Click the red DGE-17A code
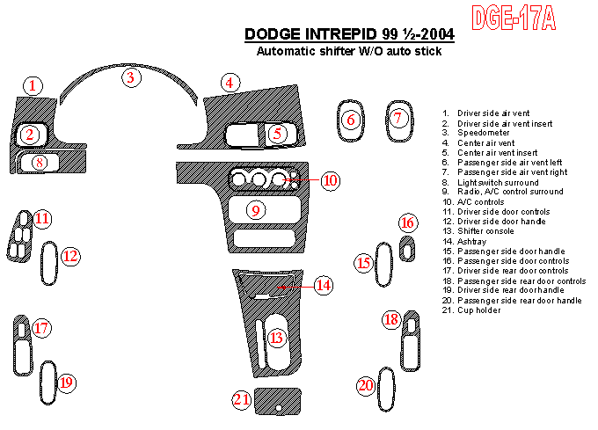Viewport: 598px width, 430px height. pyautogui.click(x=514, y=18)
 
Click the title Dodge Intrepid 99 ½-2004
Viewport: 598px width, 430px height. pyautogui.click(x=349, y=34)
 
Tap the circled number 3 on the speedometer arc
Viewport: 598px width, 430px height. pyautogui.click(x=131, y=77)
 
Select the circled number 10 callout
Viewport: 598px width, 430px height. pyautogui.click(x=331, y=180)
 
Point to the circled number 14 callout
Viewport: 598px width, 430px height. pyautogui.click(x=324, y=285)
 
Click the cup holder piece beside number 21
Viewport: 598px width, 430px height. pyautogui.click(x=278, y=401)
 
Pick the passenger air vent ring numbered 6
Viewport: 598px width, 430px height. pyautogui.click(x=339, y=121)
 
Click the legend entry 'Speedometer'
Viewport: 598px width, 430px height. pyautogui.click(x=483, y=133)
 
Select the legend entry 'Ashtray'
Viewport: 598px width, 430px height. pyautogui.click(x=471, y=241)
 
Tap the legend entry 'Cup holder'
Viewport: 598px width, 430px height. pyautogui.click(x=479, y=310)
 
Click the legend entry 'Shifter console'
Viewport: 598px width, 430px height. pyautogui.click(x=485, y=231)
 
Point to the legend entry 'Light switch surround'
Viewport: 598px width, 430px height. pyautogui.click(x=498, y=182)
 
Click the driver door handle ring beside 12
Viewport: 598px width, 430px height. pyautogui.click(x=41, y=263)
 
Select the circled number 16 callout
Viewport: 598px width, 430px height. pyautogui.click(x=408, y=222)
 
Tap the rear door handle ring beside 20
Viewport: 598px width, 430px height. pyautogui.click(x=379, y=389)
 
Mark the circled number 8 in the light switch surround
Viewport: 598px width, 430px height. pyautogui.click(x=40, y=163)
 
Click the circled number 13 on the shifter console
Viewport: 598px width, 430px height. pyautogui.click(x=276, y=338)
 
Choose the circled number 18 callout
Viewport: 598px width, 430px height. pyautogui.click(x=391, y=319)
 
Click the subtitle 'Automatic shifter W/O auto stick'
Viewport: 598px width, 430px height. pyautogui.click(x=349, y=51)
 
